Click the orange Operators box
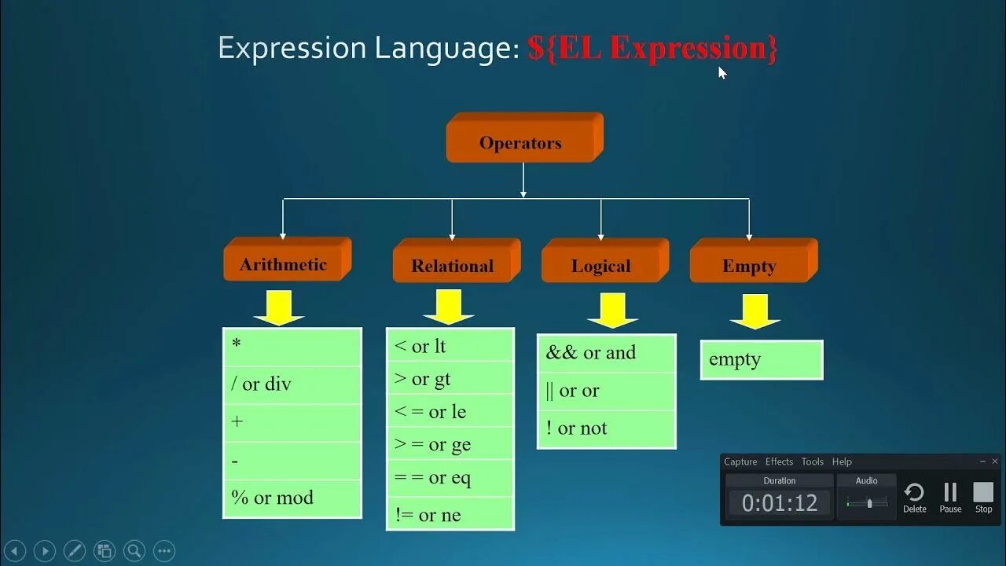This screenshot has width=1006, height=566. tap(521, 142)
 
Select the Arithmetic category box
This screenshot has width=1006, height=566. tap(284, 263)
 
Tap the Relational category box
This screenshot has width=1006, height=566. tap(453, 265)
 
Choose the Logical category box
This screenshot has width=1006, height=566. tap(601, 265)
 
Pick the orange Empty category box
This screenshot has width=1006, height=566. tap(750, 265)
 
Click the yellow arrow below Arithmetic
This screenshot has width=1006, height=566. tap(279, 307)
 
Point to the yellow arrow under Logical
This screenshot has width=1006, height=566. tap(612, 310)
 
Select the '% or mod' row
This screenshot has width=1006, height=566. tap(292, 498)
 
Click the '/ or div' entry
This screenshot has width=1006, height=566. tap(292, 384)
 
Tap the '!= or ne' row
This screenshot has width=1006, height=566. tap(450, 515)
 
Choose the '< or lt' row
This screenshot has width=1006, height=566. tap(450, 346)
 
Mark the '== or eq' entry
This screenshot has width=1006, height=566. tap(450, 477)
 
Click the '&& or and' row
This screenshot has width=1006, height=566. tap(606, 353)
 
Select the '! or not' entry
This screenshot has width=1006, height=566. tap(606, 428)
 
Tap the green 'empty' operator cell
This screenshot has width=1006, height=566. tap(761, 360)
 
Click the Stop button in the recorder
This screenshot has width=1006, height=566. tap(983, 497)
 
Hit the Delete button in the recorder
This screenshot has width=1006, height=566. tap(914, 497)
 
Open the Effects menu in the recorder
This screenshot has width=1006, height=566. tap(779, 461)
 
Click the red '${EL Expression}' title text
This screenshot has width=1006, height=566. tap(652, 49)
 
